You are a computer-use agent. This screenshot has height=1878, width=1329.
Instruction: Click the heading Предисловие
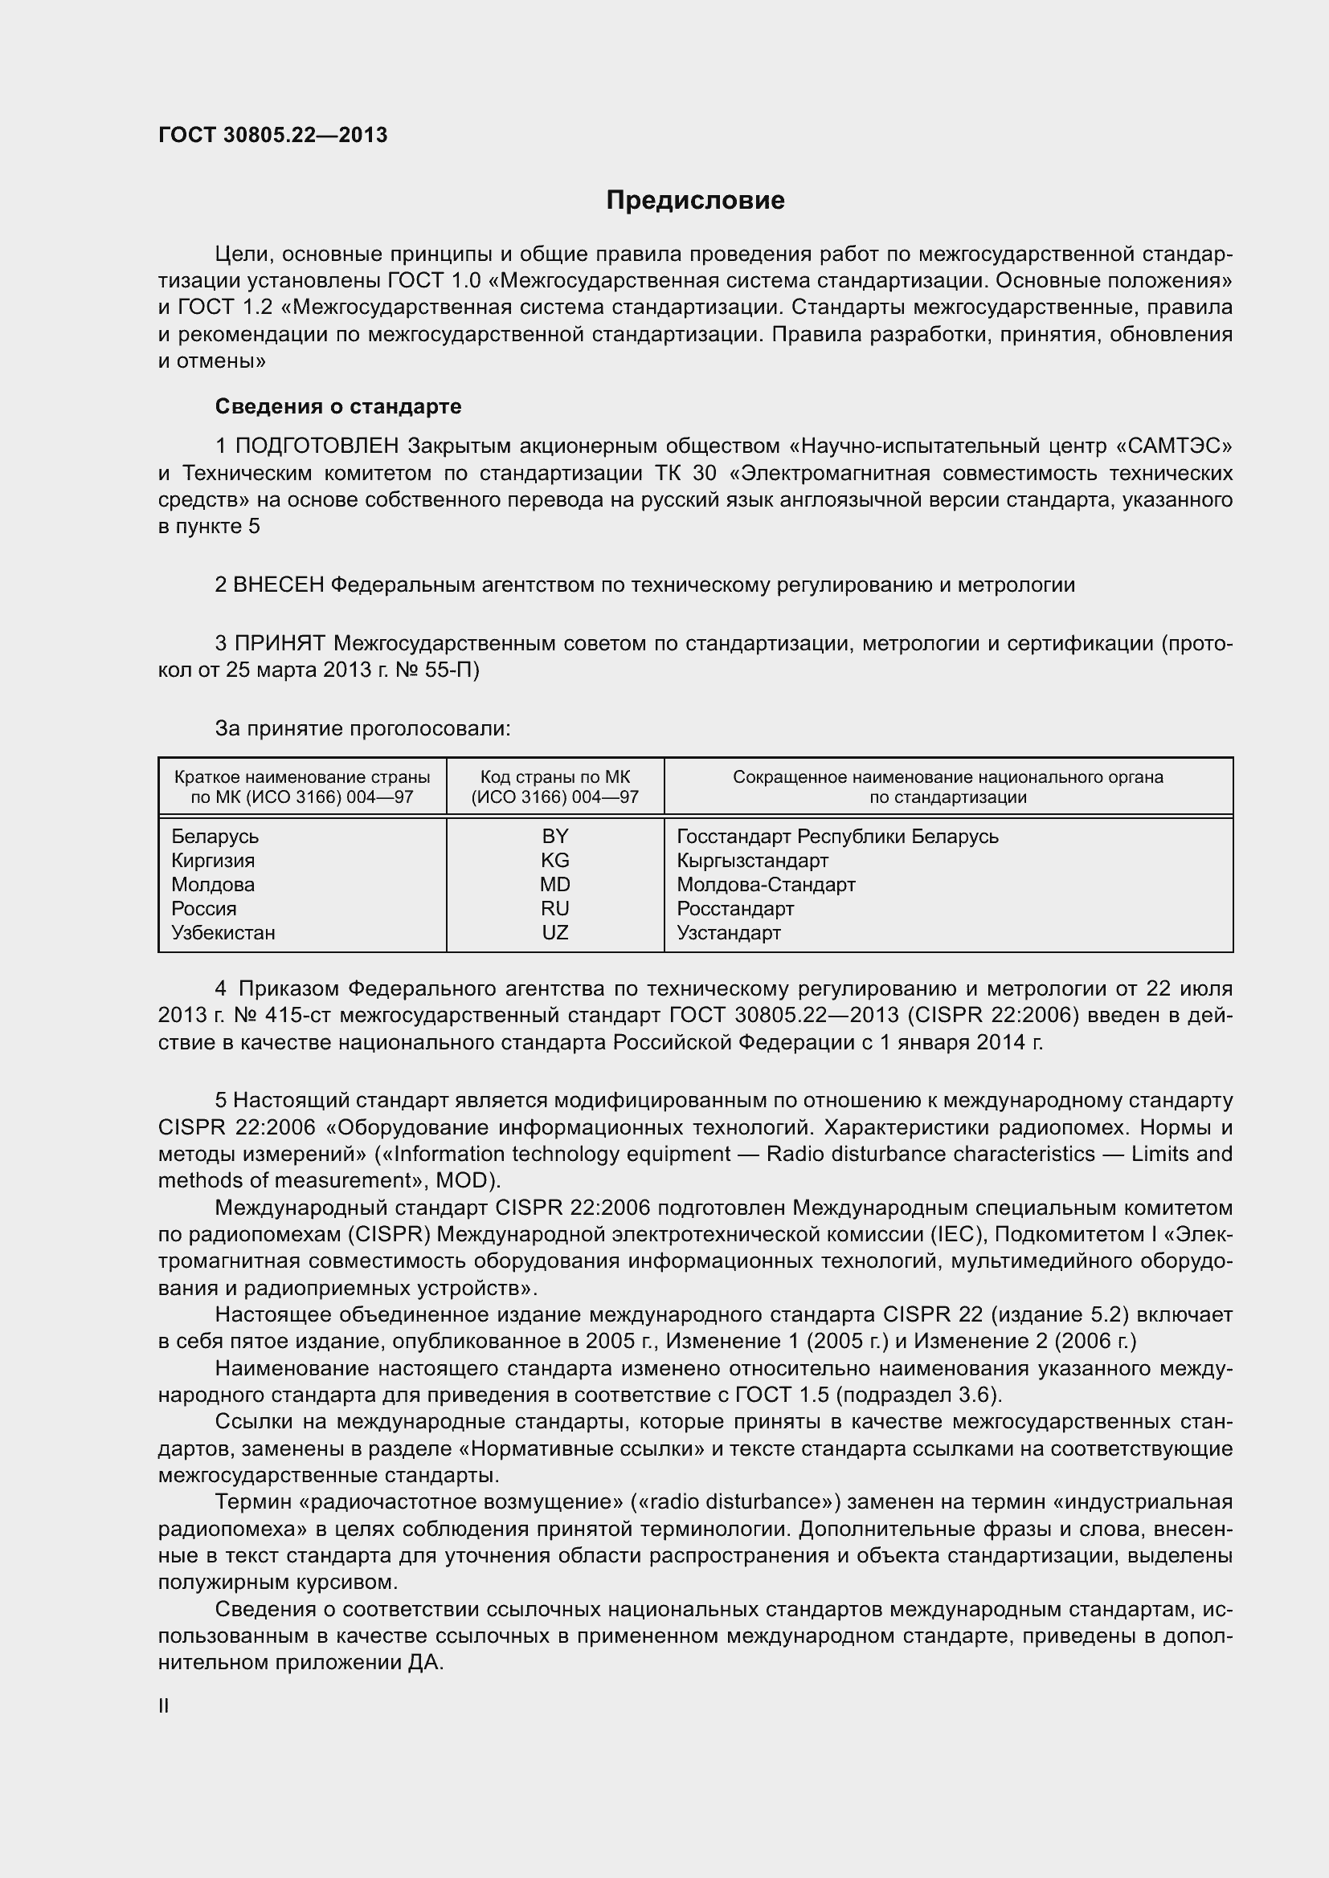[x=695, y=201]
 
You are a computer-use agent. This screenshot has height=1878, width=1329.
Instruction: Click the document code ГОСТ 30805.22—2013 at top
[x=272, y=135]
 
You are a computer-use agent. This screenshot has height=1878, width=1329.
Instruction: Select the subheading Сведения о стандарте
[x=338, y=406]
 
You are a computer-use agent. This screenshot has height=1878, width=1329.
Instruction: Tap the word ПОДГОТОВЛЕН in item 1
[x=317, y=446]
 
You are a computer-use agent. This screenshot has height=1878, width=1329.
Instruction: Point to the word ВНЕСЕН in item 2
[x=278, y=585]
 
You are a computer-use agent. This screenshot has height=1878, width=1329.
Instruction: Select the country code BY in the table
[x=555, y=836]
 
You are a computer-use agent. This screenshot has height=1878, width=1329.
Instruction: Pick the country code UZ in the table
[x=555, y=932]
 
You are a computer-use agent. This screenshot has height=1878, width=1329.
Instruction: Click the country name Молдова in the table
[x=213, y=884]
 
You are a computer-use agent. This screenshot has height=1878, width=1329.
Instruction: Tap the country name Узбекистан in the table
[x=223, y=932]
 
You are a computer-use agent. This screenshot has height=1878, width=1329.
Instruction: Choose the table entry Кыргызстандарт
[x=752, y=861]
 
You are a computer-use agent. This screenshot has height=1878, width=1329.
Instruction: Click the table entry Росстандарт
[x=735, y=909]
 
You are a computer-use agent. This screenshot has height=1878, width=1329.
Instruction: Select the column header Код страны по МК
[x=555, y=777]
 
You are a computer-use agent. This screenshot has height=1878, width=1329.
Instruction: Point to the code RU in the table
[x=555, y=909]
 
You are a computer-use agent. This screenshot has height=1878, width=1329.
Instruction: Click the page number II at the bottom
[x=164, y=1705]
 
